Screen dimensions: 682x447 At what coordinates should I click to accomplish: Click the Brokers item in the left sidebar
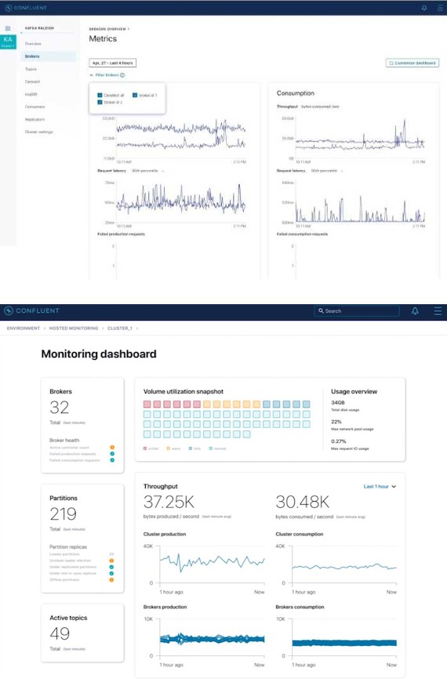tap(32, 56)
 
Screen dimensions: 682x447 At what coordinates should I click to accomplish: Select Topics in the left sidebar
tap(31, 69)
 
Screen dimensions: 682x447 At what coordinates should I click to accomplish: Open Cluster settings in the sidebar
tap(39, 132)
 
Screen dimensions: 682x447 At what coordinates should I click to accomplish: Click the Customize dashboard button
tap(412, 63)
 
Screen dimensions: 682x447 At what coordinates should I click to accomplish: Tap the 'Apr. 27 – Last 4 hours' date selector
tap(112, 63)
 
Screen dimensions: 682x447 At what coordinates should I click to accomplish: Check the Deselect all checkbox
tap(100, 95)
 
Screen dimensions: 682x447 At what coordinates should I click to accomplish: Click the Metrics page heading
tap(104, 38)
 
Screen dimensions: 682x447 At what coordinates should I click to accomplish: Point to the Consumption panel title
tap(296, 93)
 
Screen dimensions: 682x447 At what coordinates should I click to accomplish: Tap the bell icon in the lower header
tap(415, 311)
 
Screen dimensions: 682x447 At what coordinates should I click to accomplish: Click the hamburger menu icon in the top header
tap(438, 7)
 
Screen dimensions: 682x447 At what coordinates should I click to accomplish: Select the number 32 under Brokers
tap(60, 407)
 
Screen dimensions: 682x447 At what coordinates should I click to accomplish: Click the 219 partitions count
tap(63, 513)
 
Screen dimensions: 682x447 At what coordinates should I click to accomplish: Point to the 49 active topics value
tap(60, 633)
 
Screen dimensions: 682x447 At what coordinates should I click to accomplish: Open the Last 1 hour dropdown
tap(380, 487)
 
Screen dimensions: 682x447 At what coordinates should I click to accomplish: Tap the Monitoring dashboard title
tap(99, 354)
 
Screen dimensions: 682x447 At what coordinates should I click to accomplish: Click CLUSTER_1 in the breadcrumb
tap(118, 328)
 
